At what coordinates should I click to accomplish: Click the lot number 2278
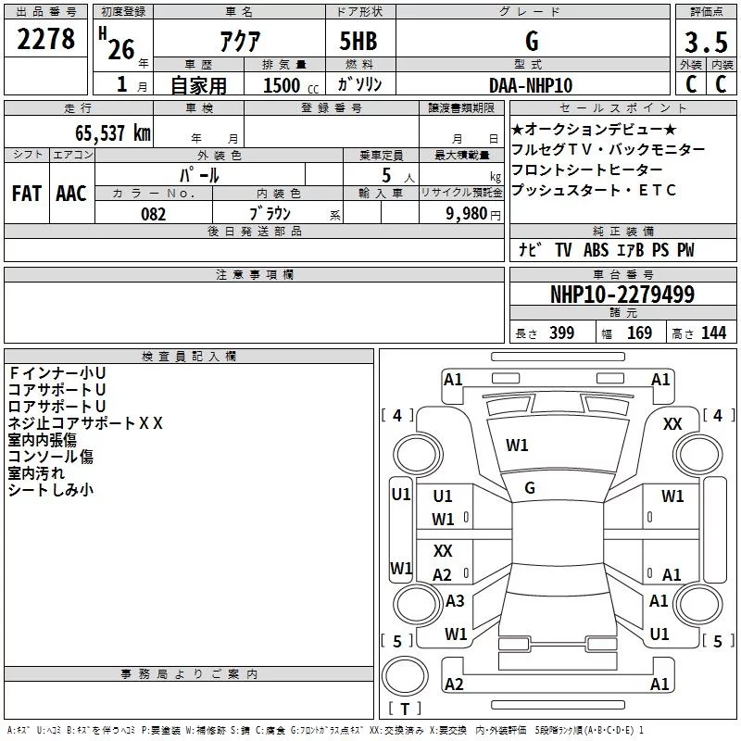pos(45,39)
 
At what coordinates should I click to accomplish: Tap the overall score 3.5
pos(706,43)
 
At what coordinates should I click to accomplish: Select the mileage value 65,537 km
pos(113,132)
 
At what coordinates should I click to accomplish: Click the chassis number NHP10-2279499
pos(622,294)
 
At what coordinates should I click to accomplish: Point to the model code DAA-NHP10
pos(531,85)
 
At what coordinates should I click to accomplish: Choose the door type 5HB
pos(358,41)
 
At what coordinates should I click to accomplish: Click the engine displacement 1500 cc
pos(291,85)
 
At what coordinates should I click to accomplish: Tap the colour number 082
pos(154,214)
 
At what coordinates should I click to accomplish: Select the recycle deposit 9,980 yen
pos(473,214)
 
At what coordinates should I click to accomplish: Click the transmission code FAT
pos(27,194)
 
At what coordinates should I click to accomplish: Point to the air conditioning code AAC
pos(71,194)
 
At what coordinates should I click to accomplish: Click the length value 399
pos(562,333)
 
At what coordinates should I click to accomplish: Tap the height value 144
pos(713,333)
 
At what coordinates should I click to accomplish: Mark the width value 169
pos(639,333)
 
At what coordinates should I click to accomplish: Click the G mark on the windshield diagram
pos(530,488)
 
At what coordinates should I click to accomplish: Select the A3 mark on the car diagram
pos(455,600)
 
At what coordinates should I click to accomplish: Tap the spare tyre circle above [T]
pos(405,676)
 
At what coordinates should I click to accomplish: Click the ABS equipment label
pos(596,250)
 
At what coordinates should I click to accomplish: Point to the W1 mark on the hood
pos(517,446)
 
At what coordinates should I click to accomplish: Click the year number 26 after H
pos(121,49)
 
